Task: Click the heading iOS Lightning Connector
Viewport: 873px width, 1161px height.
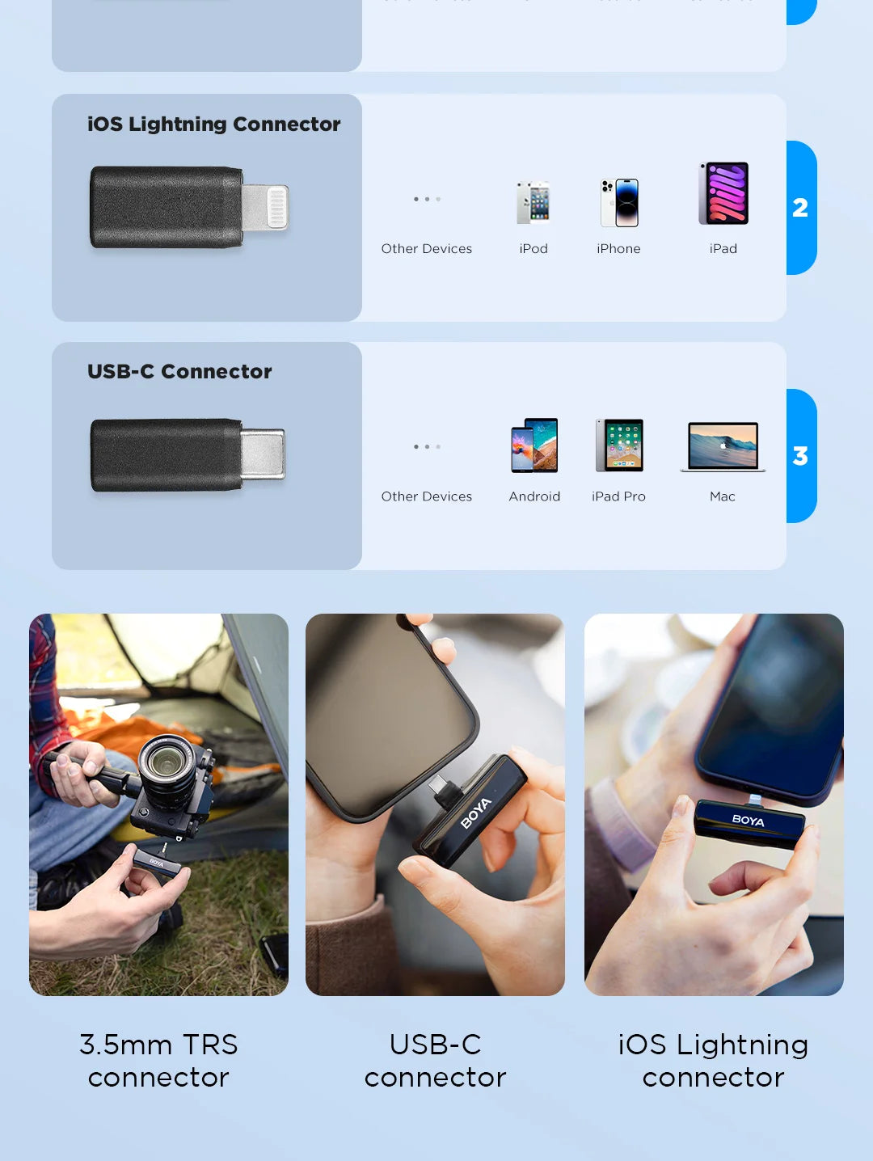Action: pos(213,124)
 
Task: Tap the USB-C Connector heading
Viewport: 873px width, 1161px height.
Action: pos(179,371)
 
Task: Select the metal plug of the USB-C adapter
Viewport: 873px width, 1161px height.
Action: pos(264,454)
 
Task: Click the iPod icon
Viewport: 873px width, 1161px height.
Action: pos(533,202)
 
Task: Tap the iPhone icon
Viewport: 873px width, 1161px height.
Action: pos(619,202)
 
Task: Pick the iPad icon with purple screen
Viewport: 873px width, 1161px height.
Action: pos(723,193)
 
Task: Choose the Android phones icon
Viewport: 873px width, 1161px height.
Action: pos(534,445)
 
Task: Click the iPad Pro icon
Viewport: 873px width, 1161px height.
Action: pos(619,445)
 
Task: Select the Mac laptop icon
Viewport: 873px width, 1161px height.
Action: pos(723,445)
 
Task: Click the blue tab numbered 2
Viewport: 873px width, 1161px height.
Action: pos(800,208)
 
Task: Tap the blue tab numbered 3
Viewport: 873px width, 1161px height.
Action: pos(800,456)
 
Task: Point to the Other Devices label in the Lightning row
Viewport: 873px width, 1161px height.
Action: pos(426,248)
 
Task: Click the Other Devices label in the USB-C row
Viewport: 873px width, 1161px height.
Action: pos(426,496)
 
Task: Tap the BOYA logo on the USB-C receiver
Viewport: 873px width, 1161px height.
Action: pos(475,813)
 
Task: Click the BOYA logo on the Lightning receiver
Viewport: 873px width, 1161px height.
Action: pos(748,821)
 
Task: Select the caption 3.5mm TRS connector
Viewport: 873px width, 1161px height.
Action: pos(158,1061)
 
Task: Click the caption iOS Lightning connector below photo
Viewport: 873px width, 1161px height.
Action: pos(713,1061)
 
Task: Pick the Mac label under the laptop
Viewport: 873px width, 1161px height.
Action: pos(723,496)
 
